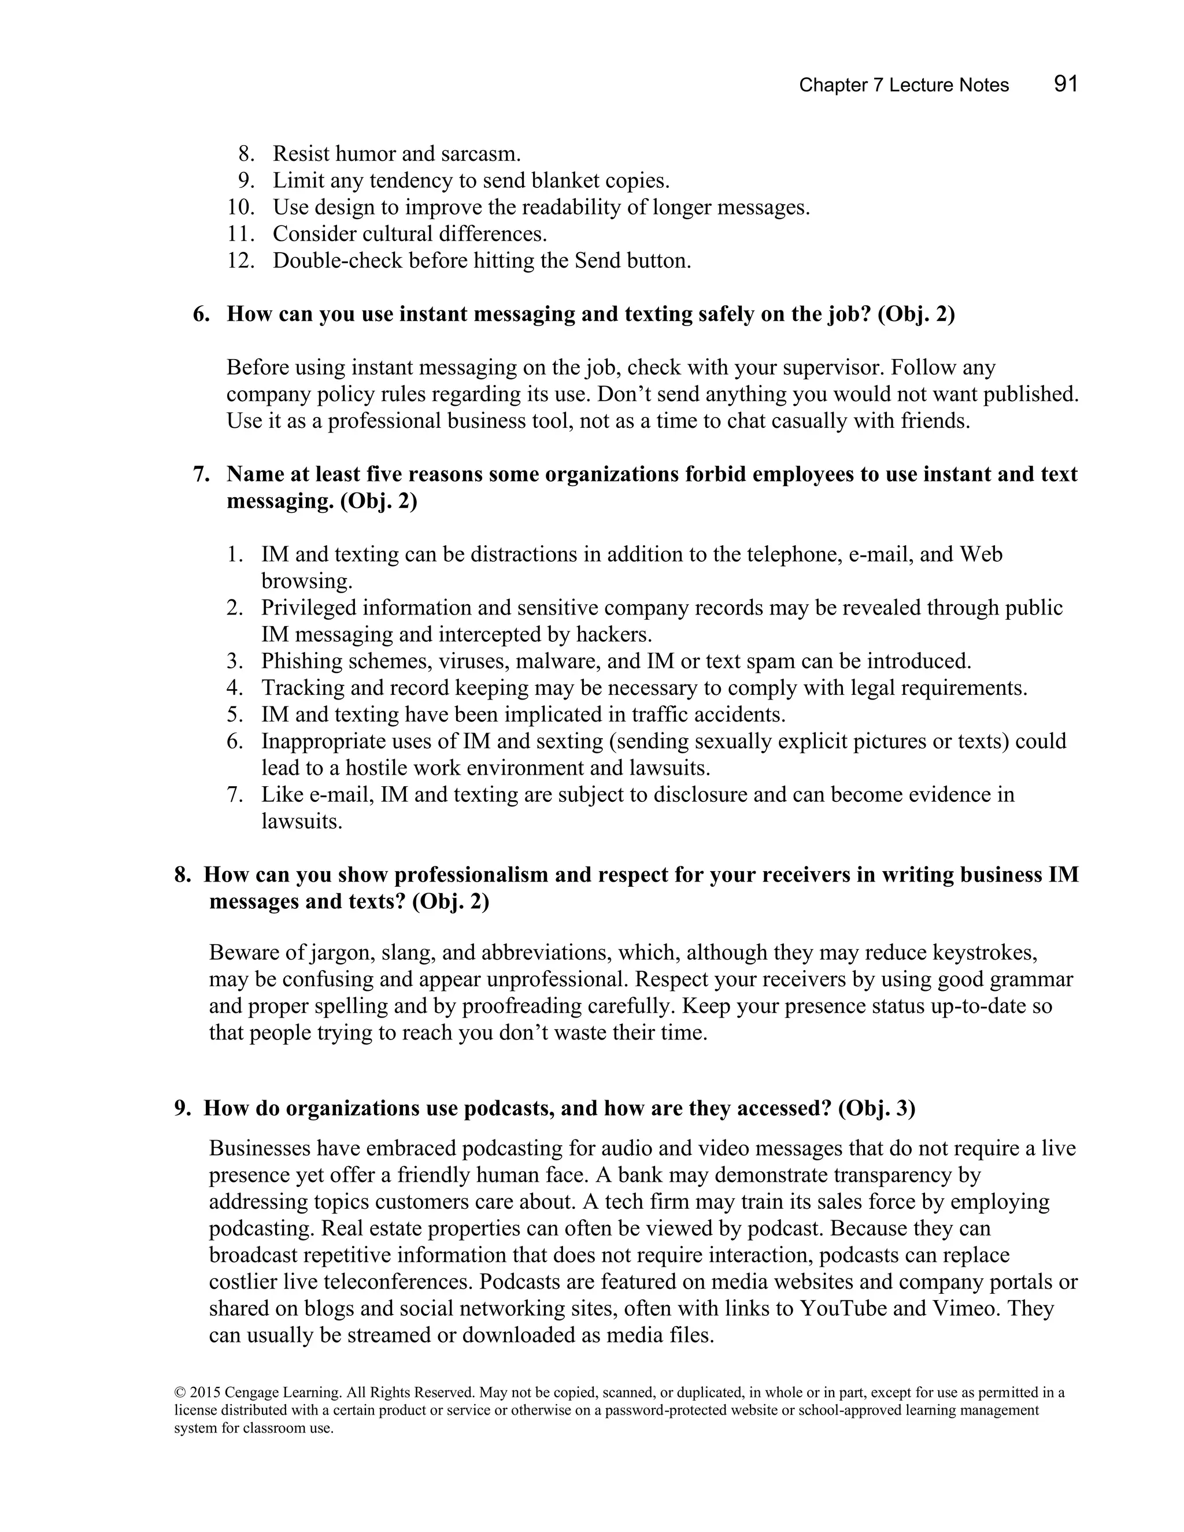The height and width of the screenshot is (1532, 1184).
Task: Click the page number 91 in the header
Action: point(1065,84)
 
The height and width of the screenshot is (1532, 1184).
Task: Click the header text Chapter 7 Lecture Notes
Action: point(904,86)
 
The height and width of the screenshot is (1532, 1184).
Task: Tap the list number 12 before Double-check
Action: point(240,261)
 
